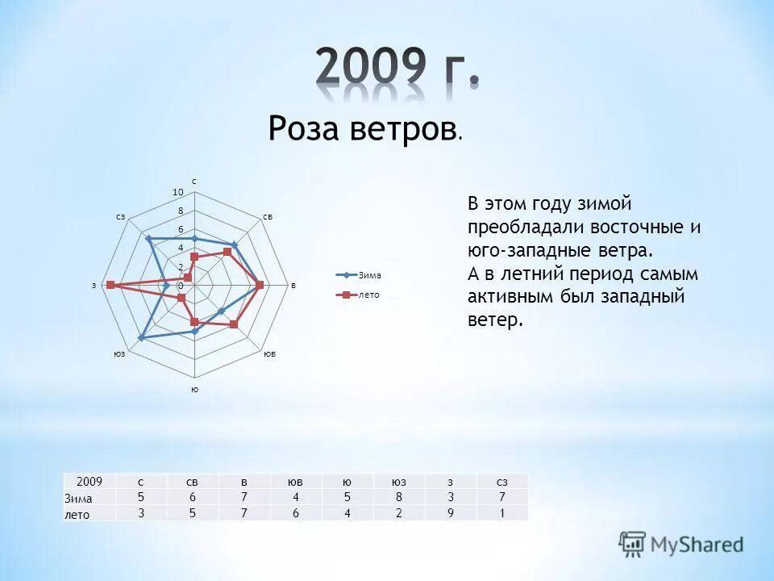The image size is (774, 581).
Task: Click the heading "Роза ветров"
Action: tap(360, 127)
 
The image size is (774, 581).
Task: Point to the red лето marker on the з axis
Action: tap(110, 285)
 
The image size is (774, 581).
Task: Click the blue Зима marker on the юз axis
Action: tap(142, 338)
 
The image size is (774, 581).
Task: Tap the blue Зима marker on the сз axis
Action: tap(148, 238)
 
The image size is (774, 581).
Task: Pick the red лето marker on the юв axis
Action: tap(234, 324)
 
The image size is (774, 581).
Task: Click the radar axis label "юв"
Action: tap(269, 354)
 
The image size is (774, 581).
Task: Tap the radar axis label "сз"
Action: tap(119, 216)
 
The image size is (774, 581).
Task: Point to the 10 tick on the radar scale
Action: tap(178, 191)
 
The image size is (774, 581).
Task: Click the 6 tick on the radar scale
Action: tap(181, 230)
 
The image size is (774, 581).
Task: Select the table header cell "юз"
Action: tap(398, 482)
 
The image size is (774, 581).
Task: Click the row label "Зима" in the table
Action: tap(79, 498)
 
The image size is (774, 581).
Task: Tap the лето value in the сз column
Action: tap(501, 512)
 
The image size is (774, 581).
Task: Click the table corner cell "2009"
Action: tap(89, 482)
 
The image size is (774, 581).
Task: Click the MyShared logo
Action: tap(681, 544)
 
